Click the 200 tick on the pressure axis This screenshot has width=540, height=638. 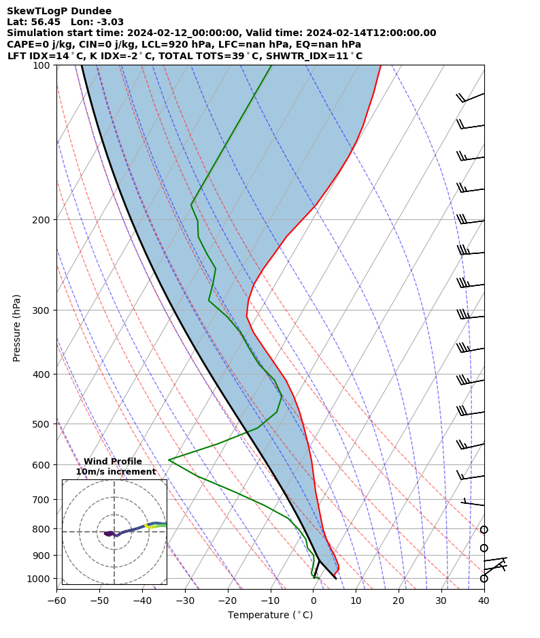click(x=44, y=220)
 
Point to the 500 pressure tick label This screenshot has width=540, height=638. click(x=44, y=424)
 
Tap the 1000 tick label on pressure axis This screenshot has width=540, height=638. click(x=41, y=579)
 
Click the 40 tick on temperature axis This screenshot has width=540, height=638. click(x=484, y=601)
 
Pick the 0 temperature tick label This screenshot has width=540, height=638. click(x=314, y=601)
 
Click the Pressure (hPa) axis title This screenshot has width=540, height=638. click(x=17, y=328)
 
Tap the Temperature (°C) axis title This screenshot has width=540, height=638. click(x=270, y=616)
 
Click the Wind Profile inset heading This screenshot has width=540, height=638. click(x=113, y=462)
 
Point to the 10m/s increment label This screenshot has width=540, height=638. click(x=116, y=472)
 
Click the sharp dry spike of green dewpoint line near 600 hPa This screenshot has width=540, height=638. click(x=169, y=460)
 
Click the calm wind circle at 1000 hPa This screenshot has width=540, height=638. click(x=484, y=579)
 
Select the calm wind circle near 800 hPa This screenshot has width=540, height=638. click(x=484, y=530)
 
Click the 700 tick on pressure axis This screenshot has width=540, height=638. click(x=44, y=500)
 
